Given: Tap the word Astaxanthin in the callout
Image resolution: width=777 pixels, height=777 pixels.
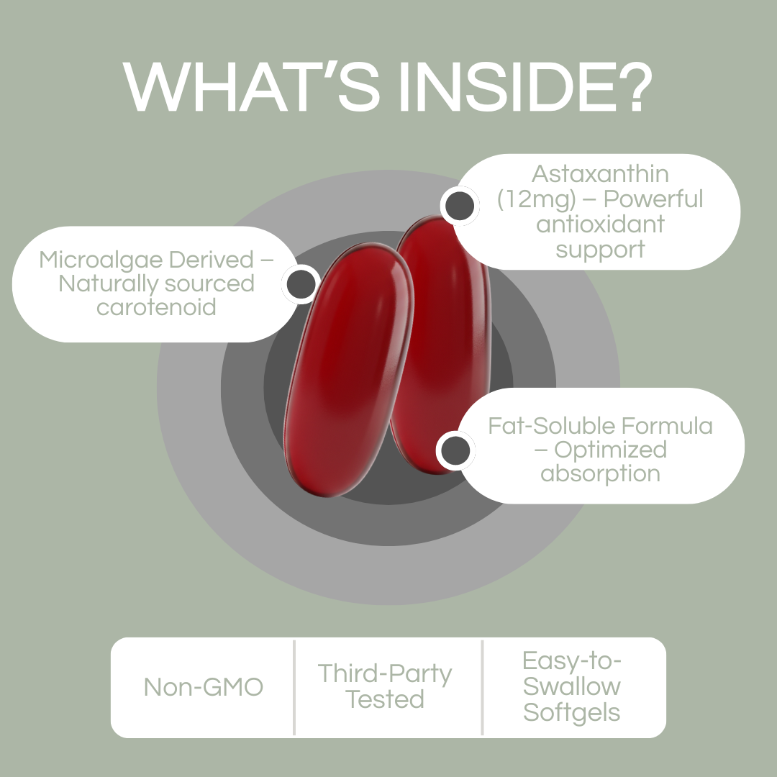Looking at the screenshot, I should click(600, 173).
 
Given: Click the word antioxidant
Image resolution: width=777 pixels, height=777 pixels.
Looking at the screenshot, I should click(600, 224).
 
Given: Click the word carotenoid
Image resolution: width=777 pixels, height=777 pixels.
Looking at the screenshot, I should click(156, 307).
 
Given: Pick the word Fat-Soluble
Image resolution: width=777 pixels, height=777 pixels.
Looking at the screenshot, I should click(547, 425).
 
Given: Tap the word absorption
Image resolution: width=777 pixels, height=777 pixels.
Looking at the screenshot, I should click(600, 474).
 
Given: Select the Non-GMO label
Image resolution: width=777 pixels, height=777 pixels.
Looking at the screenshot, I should click(204, 687).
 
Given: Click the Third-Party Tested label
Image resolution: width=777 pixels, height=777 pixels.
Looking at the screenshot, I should click(385, 686).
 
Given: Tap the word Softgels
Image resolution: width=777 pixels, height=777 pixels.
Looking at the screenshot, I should click(572, 712).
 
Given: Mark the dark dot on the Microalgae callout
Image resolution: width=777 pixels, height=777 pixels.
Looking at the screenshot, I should click(301, 283).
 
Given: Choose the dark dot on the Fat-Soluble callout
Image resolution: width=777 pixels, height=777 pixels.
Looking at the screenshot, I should click(455, 451).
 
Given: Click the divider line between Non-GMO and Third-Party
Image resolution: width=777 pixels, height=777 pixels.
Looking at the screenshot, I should click(294, 687).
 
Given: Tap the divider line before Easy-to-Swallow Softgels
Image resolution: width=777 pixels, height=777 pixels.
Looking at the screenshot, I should click(482, 687).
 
